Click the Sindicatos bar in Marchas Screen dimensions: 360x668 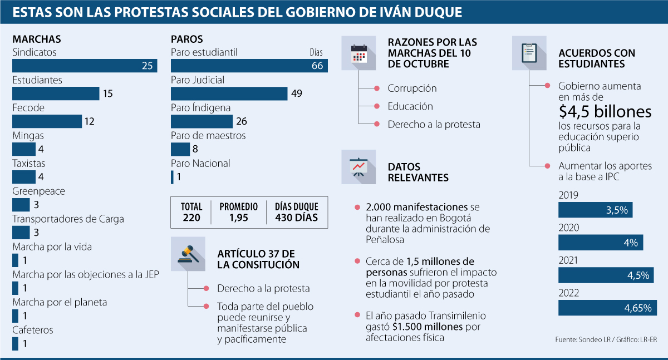pyautogui.click(x=85, y=66)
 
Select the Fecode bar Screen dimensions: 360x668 pyautogui.click(x=47, y=121)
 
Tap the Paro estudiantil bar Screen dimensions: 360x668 pyautogui.click(x=249, y=66)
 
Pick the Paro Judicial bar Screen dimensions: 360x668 pyautogui.click(x=229, y=93)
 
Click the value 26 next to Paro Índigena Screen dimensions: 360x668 pyautogui.click(x=242, y=121)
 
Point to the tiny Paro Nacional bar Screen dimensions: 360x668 pyautogui.click(x=172, y=177)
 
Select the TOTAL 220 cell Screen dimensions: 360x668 pyautogui.click(x=191, y=212)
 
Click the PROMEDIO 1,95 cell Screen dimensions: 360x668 pyautogui.click(x=238, y=212)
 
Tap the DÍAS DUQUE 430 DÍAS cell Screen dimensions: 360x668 pyautogui.click(x=296, y=212)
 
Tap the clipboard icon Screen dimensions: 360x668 pyautogui.click(x=529, y=53)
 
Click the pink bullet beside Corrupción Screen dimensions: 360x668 pyautogui.click(x=376, y=88)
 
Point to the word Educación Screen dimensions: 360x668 pyautogui.click(x=410, y=106)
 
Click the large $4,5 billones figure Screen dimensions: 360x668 pyautogui.click(x=605, y=112)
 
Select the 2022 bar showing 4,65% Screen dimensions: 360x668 pyautogui.click(x=607, y=308)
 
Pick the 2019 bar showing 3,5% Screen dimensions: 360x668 pyautogui.click(x=596, y=210)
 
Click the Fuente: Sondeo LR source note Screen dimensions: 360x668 pyautogui.click(x=610, y=339)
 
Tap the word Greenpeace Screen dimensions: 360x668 pyautogui.click(x=38, y=191)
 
